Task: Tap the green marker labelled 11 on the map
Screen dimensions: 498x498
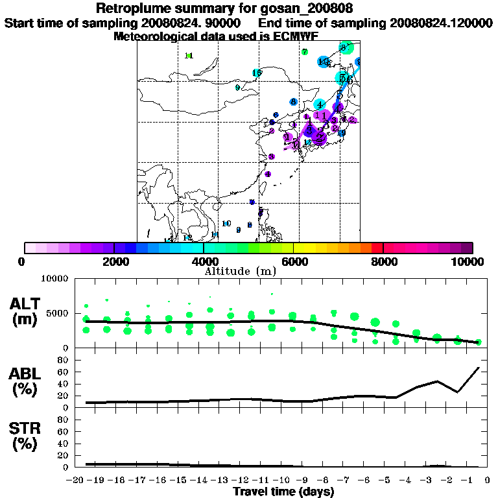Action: tap(189, 56)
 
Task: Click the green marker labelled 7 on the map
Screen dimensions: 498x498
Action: tap(305, 52)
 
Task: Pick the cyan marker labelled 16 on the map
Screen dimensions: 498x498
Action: tap(257, 73)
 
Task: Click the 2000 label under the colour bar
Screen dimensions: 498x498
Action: tap(114, 262)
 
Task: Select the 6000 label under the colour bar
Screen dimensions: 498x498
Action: tap(294, 262)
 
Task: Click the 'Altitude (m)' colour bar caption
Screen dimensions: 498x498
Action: tap(241, 271)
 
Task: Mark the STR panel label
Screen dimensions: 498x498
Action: tap(27, 436)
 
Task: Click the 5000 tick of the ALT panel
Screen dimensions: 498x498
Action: tap(58, 313)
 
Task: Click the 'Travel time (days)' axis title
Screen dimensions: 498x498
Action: tap(283, 492)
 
